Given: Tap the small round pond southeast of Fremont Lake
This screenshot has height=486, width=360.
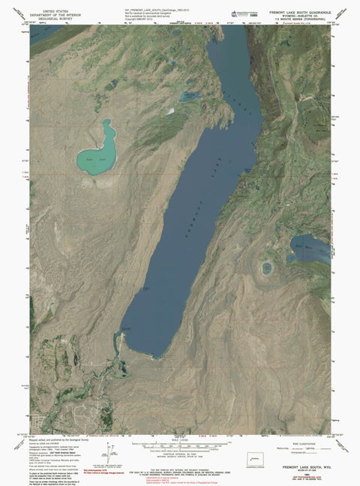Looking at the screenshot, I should pyautogui.click(x=267, y=268).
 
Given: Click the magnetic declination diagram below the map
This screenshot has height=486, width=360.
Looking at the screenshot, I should pyautogui.click(x=112, y=453).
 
